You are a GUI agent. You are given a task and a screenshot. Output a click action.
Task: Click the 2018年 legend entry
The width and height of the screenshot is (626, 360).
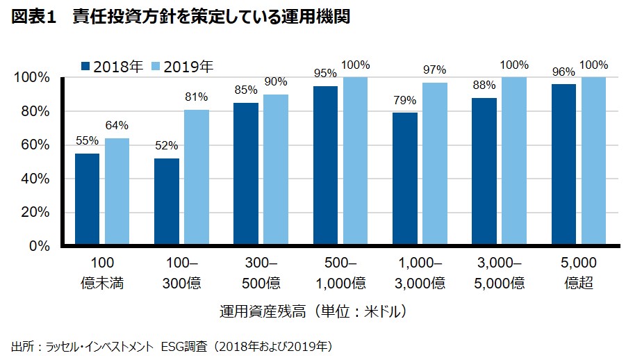[x=113, y=67]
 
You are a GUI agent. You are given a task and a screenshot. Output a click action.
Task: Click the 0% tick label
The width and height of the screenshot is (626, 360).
[x=39, y=246]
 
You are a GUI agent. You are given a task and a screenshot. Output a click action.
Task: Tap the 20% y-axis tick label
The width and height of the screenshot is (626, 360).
[x=35, y=213]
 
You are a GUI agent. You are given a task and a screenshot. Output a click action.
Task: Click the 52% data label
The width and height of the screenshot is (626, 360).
[x=167, y=147]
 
